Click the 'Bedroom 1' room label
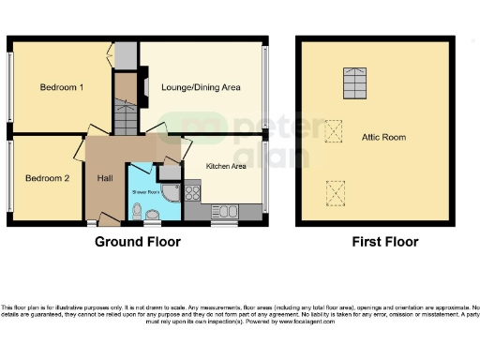click(x=61, y=87)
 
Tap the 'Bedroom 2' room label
click(x=47, y=178)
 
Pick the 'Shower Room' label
click(x=142, y=191)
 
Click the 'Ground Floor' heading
click(x=138, y=241)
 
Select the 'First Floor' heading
click(x=384, y=241)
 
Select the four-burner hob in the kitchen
click(x=192, y=195)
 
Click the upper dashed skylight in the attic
click(x=332, y=128)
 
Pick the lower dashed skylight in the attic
click(x=332, y=193)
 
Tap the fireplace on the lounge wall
click(x=145, y=87)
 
